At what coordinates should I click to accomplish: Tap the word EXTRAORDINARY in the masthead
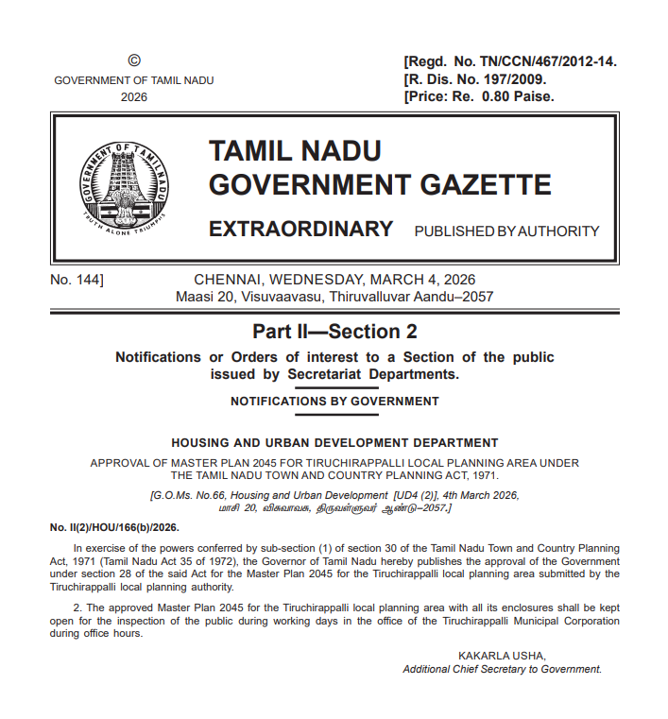[300, 230]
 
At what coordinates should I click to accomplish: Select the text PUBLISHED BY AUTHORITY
[506, 231]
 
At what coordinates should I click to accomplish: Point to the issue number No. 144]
[77, 280]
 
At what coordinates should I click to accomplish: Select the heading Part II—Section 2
[334, 332]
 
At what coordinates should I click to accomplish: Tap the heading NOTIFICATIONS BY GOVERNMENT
[334, 402]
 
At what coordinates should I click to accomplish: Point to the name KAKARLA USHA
[502, 656]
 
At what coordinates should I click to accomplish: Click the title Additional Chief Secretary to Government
[502, 669]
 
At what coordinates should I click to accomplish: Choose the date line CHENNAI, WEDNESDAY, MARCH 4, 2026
[334, 280]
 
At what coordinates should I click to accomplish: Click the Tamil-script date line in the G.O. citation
[334, 508]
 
